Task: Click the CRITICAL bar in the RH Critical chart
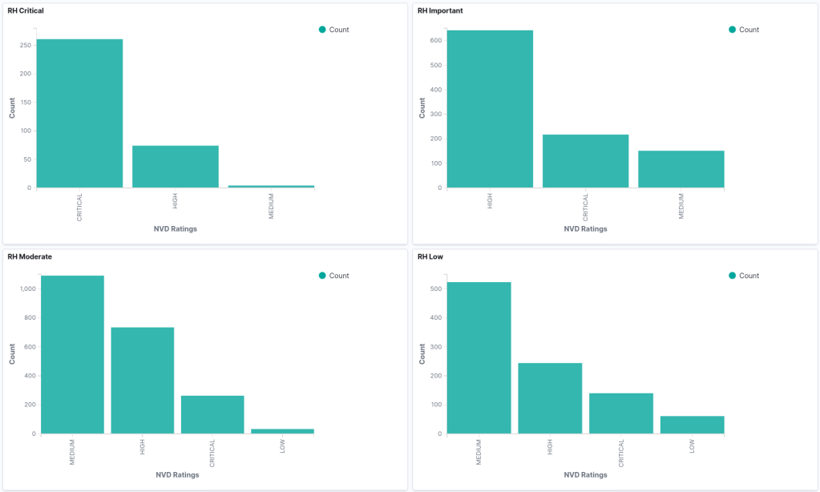click(79, 113)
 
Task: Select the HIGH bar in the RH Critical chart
click(176, 167)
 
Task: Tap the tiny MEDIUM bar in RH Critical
click(271, 186)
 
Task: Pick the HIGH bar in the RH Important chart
click(490, 109)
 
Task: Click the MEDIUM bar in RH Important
click(681, 169)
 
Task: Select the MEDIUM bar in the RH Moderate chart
click(72, 354)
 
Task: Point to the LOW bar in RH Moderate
click(282, 431)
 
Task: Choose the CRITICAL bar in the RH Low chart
click(621, 413)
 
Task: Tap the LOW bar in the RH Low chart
click(693, 425)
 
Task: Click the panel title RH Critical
click(26, 10)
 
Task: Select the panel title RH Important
click(440, 10)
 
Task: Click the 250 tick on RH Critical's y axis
click(26, 45)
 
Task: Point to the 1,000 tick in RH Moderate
click(23, 288)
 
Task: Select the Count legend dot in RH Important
click(733, 30)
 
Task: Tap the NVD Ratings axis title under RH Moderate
click(176, 474)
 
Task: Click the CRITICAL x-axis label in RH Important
click(586, 207)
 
